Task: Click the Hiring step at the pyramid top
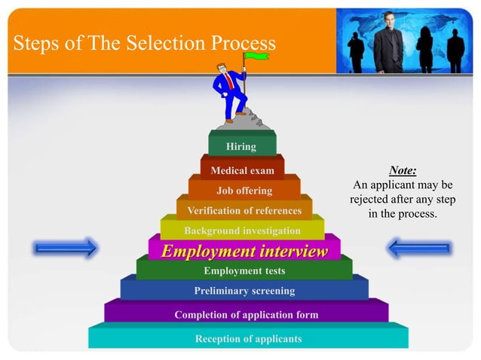[241, 146]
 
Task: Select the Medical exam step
[242, 170]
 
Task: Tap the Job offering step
[244, 191]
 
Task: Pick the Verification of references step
[244, 210]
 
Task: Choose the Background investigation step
[242, 230]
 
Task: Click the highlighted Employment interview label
[245, 251]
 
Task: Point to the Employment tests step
[244, 270]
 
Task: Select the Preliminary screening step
[244, 290]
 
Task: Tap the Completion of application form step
[246, 314]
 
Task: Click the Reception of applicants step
[248, 338]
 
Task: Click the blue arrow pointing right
[66, 247]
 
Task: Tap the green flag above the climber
[257, 54]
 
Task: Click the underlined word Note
[403, 170]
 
